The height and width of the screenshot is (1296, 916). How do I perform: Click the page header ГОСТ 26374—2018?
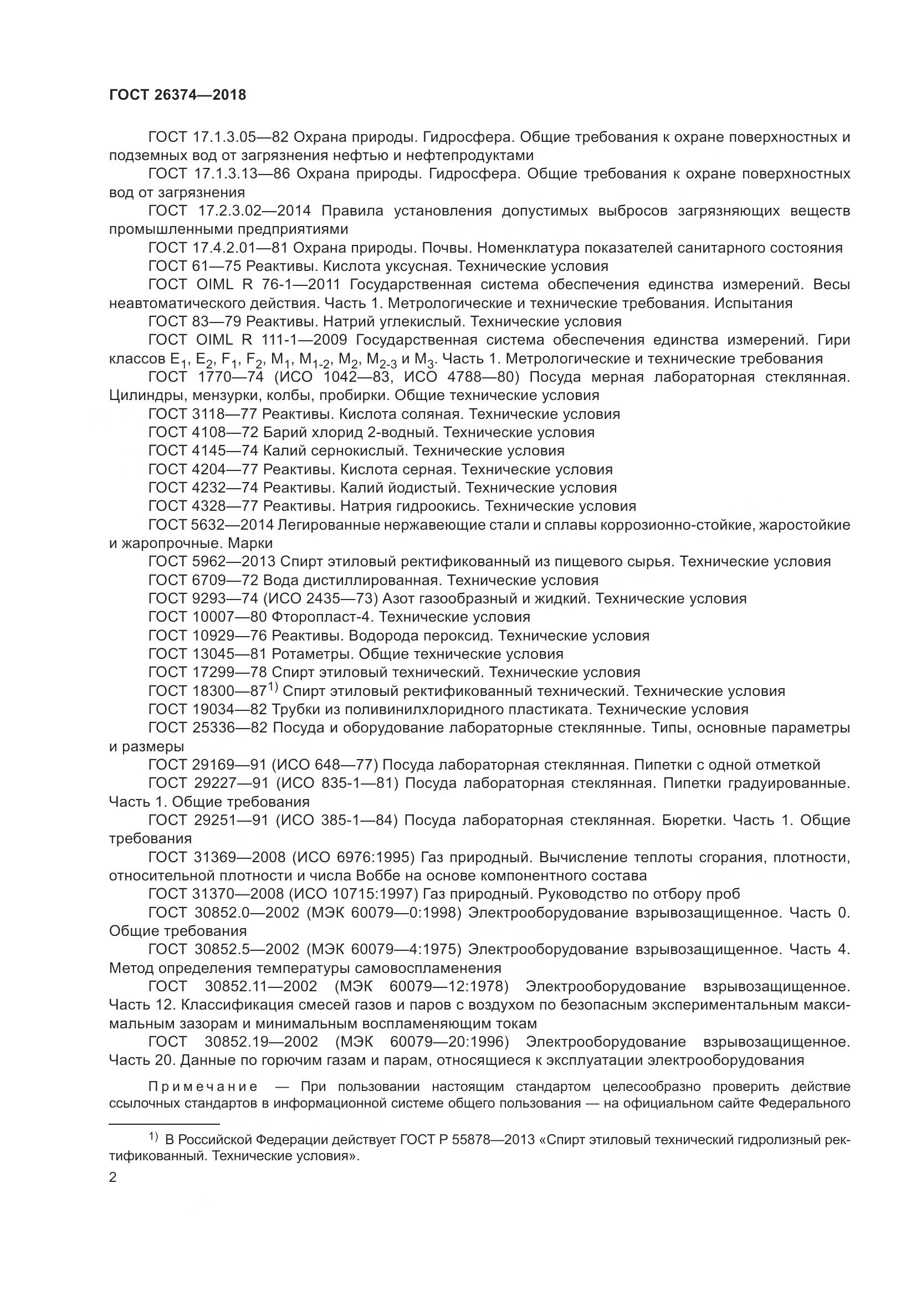point(178,95)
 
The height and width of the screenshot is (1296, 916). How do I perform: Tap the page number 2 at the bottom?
point(113,1177)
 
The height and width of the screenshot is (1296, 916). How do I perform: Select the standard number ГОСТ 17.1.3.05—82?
point(219,137)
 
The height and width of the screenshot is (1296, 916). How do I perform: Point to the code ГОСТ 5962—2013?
point(212,562)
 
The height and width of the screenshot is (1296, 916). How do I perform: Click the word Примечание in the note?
point(203,1087)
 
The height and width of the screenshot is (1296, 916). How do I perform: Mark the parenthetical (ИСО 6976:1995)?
point(354,857)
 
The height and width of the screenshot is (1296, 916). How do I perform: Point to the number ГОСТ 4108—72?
point(203,432)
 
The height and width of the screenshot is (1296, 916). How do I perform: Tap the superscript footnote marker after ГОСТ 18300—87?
point(273,687)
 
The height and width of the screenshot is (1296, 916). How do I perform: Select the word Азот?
point(401,598)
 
